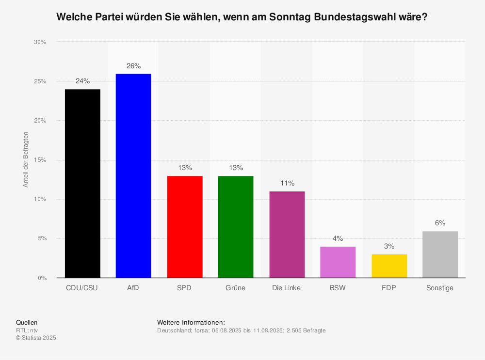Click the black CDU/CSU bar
pyautogui.click(x=82, y=183)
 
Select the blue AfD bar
pyautogui.click(x=133, y=175)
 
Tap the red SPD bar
pyautogui.click(x=185, y=226)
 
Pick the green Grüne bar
pyautogui.click(x=236, y=226)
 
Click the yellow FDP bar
pyautogui.click(x=389, y=266)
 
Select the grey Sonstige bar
pyautogui.click(x=440, y=254)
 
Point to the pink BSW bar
pyautogui.click(x=338, y=262)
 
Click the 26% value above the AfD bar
pyautogui.click(x=133, y=66)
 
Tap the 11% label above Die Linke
pyautogui.click(x=287, y=183)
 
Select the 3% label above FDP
pyautogui.click(x=389, y=246)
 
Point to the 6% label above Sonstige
pyautogui.click(x=440, y=223)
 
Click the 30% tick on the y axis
pyautogui.click(x=40, y=42)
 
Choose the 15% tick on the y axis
pyautogui.click(x=40, y=160)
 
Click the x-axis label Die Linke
pyautogui.click(x=287, y=288)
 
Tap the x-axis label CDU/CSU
pyautogui.click(x=82, y=288)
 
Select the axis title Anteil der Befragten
pyautogui.click(x=26, y=160)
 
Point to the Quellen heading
pyautogui.click(x=27, y=322)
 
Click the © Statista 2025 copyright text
pyautogui.click(x=36, y=338)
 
